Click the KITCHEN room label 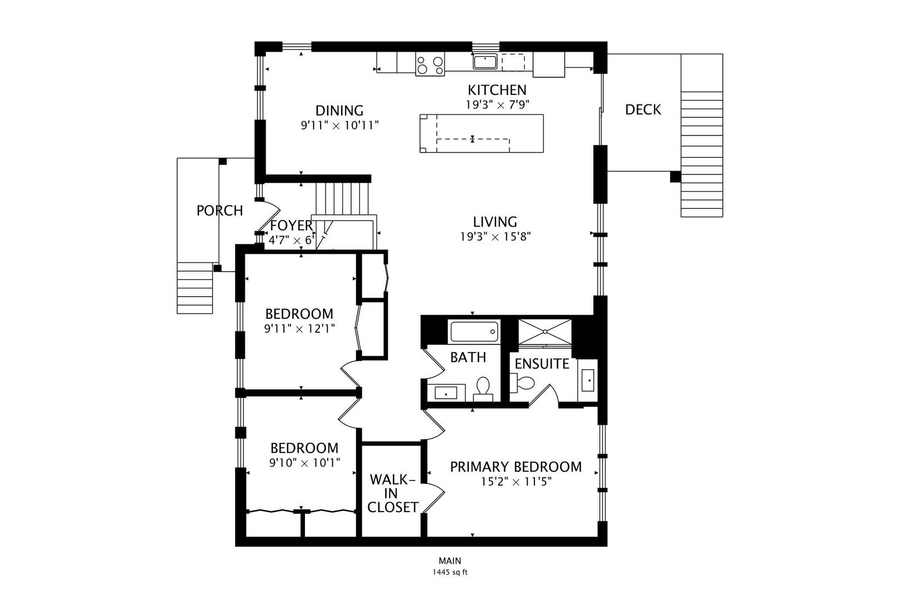[x=497, y=90]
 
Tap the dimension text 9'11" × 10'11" [x=339, y=126]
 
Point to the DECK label [x=643, y=109]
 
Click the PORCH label [x=219, y=211]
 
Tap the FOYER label [x=291, y=226]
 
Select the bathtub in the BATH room [x=474, y=332]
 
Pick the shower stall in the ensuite [x=544, y=332]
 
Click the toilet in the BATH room [x=483, y=387]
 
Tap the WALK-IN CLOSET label [x=392, y=493]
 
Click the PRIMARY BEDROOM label [x=516, y=467]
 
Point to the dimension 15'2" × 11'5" [x=516, y=482]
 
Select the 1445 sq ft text [x=450, y=572]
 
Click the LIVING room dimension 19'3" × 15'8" [x=495, y=237]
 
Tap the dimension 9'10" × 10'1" [x=304, y=462]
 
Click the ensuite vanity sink [x=588, y=381]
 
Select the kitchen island [x=481, y=133]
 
